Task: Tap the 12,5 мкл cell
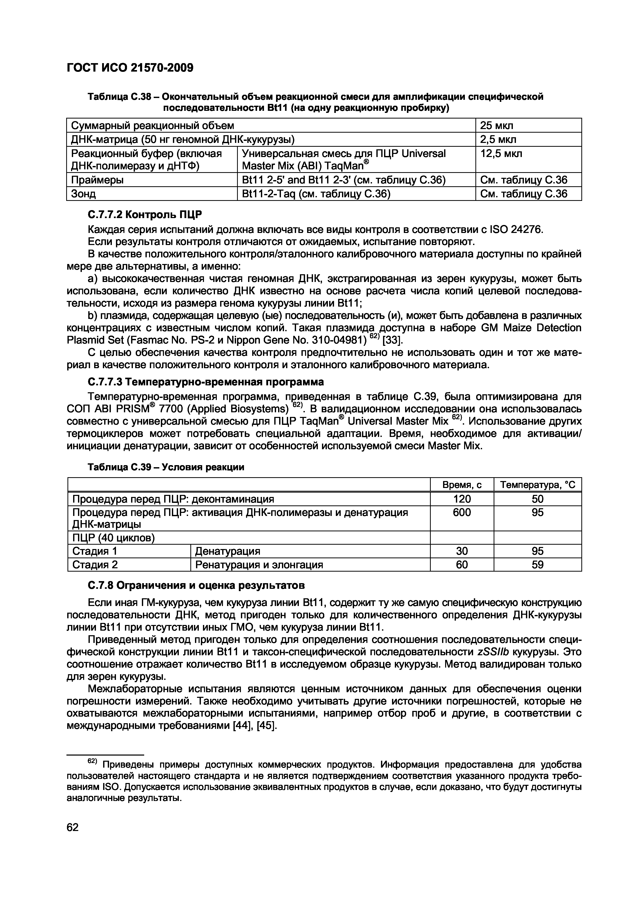click(501, 154)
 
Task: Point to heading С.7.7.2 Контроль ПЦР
click(145, 215)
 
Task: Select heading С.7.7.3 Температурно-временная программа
click(206, 382)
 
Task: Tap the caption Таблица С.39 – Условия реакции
click(166, 467)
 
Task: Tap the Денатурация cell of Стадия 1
click(228, 551)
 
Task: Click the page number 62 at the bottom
click(73, 827)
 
